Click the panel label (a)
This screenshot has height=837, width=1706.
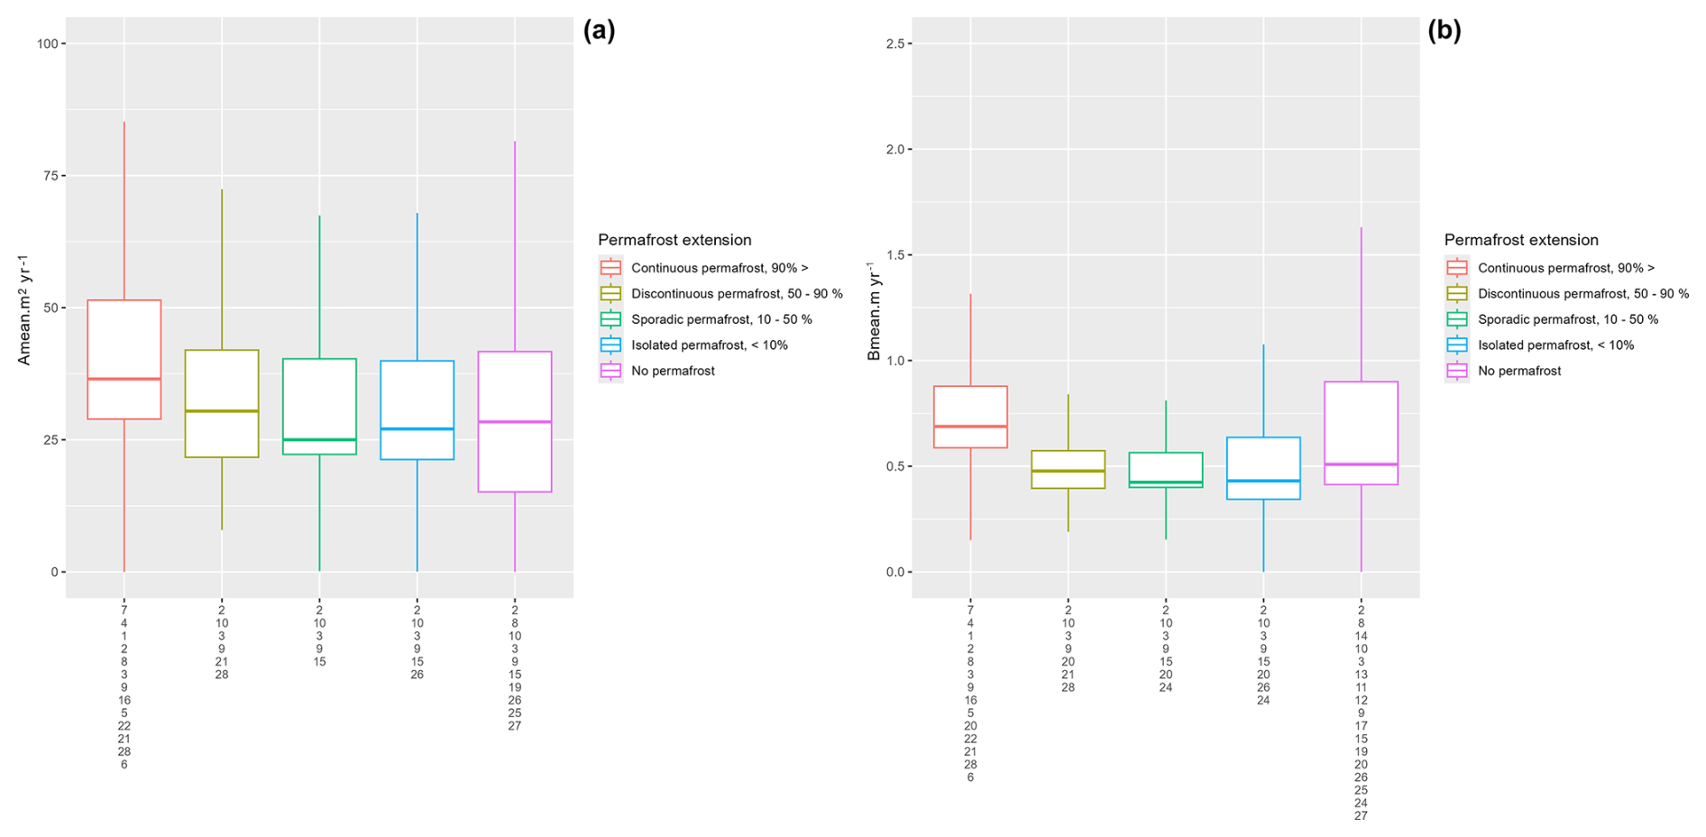pos(599,31)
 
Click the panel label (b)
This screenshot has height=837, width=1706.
pos(1444,31)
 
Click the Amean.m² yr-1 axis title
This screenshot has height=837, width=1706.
pos(24,308)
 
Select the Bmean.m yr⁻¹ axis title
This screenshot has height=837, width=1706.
pos(874,310)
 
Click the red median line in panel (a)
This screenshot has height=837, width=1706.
pos(124,379)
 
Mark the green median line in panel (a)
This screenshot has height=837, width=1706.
pos(319,439)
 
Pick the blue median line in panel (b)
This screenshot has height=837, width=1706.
pos(1263,481)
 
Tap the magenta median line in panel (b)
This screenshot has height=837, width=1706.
pos(1361,464)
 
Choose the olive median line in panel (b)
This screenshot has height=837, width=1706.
pos(1068,471)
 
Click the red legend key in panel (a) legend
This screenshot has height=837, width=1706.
pos(611,268)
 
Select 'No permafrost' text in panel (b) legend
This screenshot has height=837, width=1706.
pos(1519,371)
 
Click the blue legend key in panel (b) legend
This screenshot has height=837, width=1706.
pos(1457,345)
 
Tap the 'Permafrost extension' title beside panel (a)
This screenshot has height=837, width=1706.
pos(674,240)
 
